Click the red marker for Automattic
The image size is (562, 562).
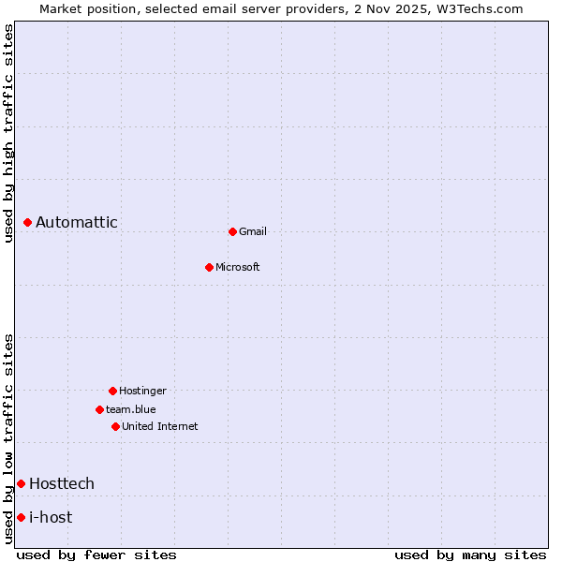pyautogui.click(x=28, y=222)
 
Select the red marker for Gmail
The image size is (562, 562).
pyautogui.click(x=232, y=231)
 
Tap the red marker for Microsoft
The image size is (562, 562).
pyautogui.click(x=210, y=267)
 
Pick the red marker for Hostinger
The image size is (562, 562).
pyautogui.click(x=112, y=391)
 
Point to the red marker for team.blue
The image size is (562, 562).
pyautogui.click(x=99, y=409)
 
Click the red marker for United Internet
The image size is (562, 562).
pyautogui.click(x=115, y=426)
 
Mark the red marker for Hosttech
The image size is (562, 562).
pyautogui.click(x=21, y=483)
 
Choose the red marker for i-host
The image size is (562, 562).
pyautogui.click(x=21, y=517)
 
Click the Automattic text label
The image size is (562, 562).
pyautogui.click(x=77, y=222)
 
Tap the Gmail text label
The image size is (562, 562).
pyautogui.click(x=253, y=231)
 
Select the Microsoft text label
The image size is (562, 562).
pyautogui.click(x=238, y=267)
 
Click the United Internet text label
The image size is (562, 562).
pyautogui.click(x=160, y=426)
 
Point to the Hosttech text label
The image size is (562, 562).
pyautogui.click(x=62, y=483)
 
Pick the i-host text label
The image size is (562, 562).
pyautogui.click(x=51, y=517)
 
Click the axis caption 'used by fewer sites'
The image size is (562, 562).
pyautogui.click(x=96, y=555)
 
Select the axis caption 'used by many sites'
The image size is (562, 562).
pyautogui.click(x=470, y=555)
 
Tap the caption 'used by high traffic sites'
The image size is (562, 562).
pyautogui.click(x=9, y=133)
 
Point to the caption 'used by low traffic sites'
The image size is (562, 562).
pyautogui.click(x=9, y=437)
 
